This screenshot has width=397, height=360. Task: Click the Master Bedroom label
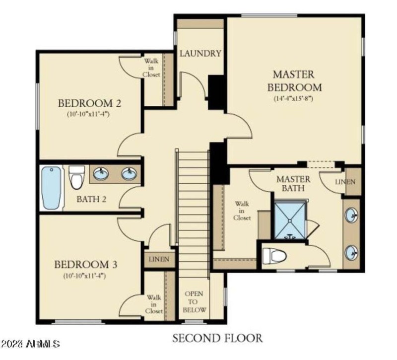tap(294, 81)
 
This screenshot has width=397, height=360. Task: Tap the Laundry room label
tap(200, 54)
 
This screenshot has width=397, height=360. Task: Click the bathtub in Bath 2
tap(52, 187)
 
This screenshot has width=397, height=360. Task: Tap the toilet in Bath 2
tap(76, 177)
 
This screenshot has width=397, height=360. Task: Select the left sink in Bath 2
tap(101, 174)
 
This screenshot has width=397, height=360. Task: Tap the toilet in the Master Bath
tap(275, 256)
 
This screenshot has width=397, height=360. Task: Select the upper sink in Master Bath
tap(351, 216)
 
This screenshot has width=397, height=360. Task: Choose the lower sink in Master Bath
tap(351, 251)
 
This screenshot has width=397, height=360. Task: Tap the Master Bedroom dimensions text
tap(294, 99)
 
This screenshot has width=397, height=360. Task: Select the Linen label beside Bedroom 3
tap(159, 259)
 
